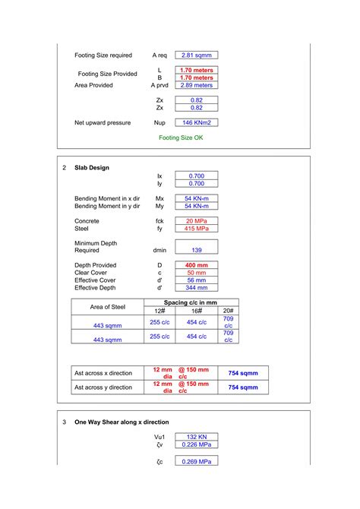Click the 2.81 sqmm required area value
point(196,55)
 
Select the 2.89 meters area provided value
point(196,86)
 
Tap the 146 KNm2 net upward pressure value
point(196,122)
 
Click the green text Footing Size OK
point(181,138)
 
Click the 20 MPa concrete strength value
point(196,221)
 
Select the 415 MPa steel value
point(196,229)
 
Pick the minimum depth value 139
point(196,250)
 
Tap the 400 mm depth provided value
point(196,266)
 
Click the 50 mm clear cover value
point(196,273)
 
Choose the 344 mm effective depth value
point(196,288)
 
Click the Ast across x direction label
point(103,373)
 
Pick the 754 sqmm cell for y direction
point(243,387)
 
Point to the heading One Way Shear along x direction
point(122,422)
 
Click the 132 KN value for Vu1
point(196,437)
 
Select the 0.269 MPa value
point(196,461)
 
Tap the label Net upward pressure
point(103,122)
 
